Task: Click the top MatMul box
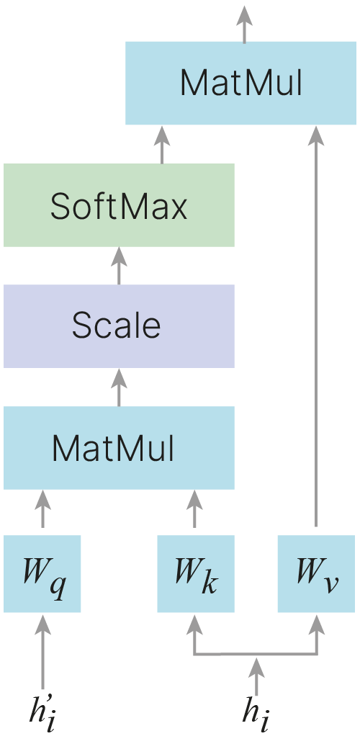240,83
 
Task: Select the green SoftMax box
119,205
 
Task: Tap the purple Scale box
119,326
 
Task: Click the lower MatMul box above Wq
119,447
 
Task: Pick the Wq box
42,574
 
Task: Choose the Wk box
196,574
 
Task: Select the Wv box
316,574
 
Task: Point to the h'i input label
43,714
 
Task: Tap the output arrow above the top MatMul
245,24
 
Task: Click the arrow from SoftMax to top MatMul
162,144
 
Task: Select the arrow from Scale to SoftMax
119,266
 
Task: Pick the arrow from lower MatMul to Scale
119,387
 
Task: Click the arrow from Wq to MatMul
43,508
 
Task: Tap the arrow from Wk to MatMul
194,508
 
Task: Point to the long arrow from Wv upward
316,326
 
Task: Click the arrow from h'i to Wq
43,651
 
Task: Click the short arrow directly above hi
256,676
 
